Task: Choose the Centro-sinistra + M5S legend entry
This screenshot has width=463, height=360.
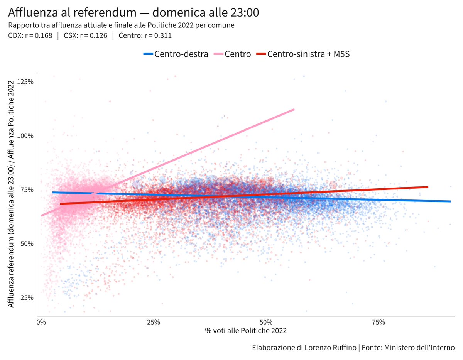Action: click(303, 54)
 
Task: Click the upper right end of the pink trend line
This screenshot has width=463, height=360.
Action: click(294, 110)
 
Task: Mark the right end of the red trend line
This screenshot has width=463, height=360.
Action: click(428, 187)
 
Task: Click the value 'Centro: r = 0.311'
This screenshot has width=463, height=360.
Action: click(145, 36)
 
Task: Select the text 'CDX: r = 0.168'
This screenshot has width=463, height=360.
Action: click(30, 36)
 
